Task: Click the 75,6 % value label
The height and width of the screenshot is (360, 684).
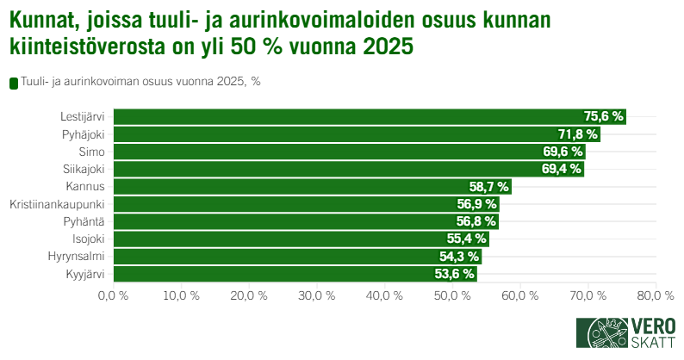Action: pos(603,116)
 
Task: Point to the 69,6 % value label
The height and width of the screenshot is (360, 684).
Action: pos(563,152)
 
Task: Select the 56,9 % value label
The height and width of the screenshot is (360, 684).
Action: pos(476,204)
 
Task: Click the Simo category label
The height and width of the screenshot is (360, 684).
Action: pos(91,152)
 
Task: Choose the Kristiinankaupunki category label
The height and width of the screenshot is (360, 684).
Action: pos(57,204)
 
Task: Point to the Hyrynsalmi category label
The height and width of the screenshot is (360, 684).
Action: pos(77,257)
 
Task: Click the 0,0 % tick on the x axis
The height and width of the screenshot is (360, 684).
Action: pos(113,296)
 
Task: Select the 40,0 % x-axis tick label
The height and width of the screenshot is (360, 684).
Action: pos(385,296)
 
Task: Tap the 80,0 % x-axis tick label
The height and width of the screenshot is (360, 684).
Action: pos(656,296)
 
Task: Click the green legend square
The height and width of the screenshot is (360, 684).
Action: pos(13,83)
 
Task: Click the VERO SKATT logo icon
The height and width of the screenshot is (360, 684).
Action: pos(601,332)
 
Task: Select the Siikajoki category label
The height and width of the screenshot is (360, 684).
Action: pos(84,169)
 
